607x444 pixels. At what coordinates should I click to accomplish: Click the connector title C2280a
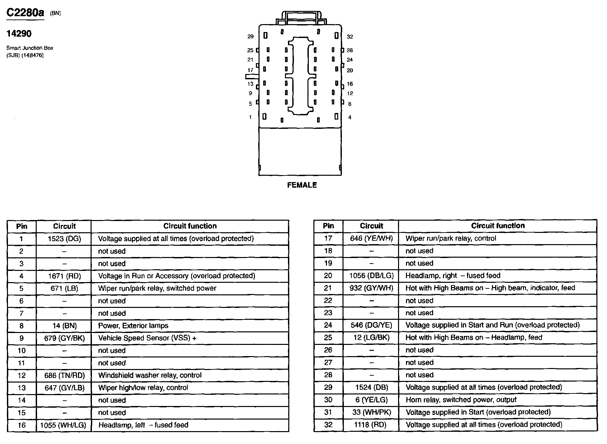[25, 13]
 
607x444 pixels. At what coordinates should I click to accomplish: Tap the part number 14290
[19, 33]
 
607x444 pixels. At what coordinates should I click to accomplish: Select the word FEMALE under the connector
[302, 185]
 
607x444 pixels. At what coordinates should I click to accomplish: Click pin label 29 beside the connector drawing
[250, 36]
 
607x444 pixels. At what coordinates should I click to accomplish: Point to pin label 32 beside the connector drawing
[350, 37]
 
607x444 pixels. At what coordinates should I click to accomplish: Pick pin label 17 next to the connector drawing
[250, 70]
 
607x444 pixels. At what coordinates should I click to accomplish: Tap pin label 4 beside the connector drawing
[350, 117]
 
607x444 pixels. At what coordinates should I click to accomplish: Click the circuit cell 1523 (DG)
[64, 239]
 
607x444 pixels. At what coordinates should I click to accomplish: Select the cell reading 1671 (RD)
[64, 276]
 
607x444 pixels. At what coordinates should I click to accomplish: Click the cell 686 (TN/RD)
[64, 375]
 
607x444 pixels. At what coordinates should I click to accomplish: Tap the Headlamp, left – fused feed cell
[143, 425]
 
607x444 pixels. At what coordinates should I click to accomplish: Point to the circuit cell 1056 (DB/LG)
[371, 276]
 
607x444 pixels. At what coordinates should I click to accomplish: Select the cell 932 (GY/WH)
[371, 288]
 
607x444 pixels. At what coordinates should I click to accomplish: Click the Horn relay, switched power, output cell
[461, 400]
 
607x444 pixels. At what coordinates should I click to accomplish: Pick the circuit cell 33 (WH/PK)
[371, 412]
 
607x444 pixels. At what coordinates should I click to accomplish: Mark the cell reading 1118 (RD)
[371, 425]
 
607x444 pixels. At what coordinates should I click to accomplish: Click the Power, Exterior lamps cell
[133, 326]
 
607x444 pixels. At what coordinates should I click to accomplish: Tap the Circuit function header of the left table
[190, 226]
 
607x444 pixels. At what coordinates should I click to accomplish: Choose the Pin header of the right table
[328, 226]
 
